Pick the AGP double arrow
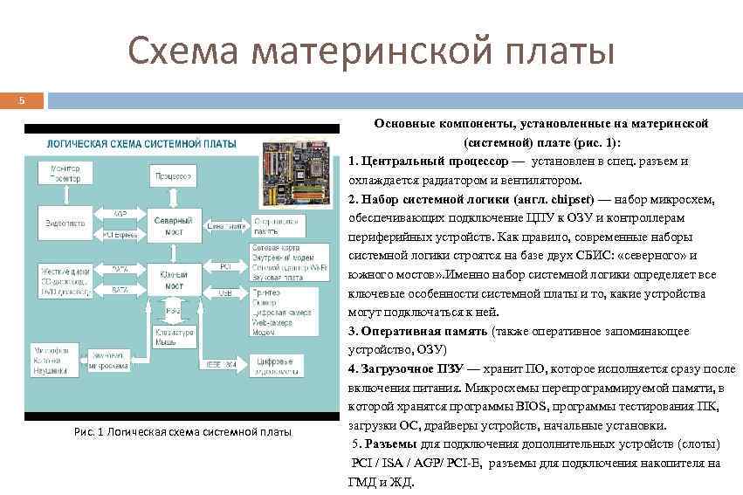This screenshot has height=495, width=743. (120, 215)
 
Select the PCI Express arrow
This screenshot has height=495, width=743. (120, 235)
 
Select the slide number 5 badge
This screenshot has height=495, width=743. (24, 102)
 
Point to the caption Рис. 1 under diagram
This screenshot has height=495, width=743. (183, 432)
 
